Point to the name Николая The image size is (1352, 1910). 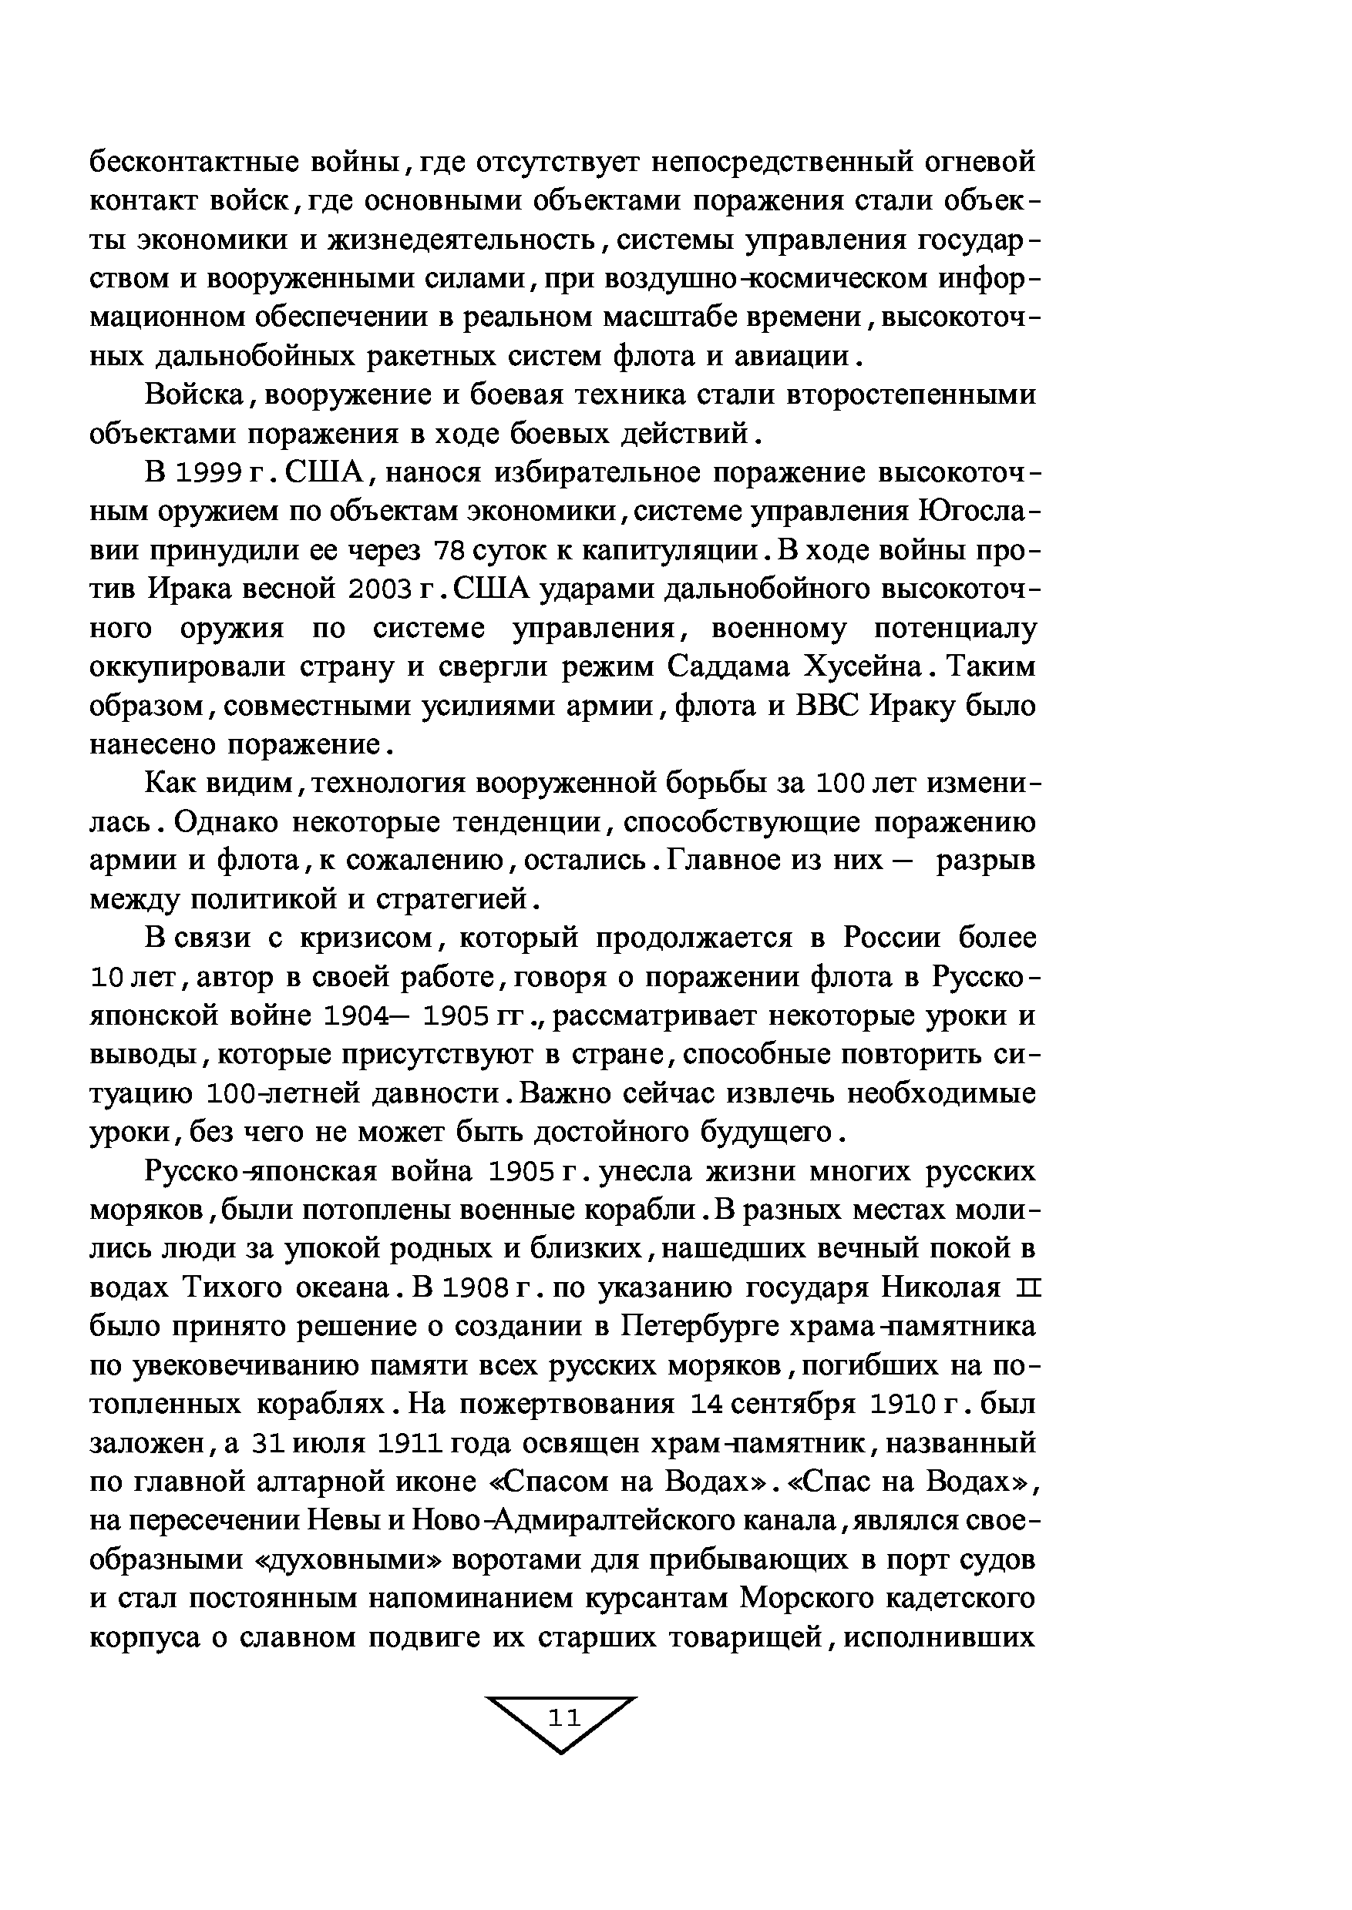click(x=939, y=1289)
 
